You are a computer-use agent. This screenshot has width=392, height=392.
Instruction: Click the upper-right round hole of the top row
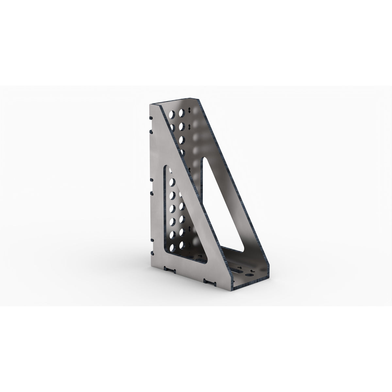click(x=181, y=113)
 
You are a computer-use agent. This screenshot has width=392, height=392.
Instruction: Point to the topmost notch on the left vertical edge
click(x=150, y=118)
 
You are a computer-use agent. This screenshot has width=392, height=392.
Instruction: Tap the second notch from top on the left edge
click(x=150, y=131)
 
